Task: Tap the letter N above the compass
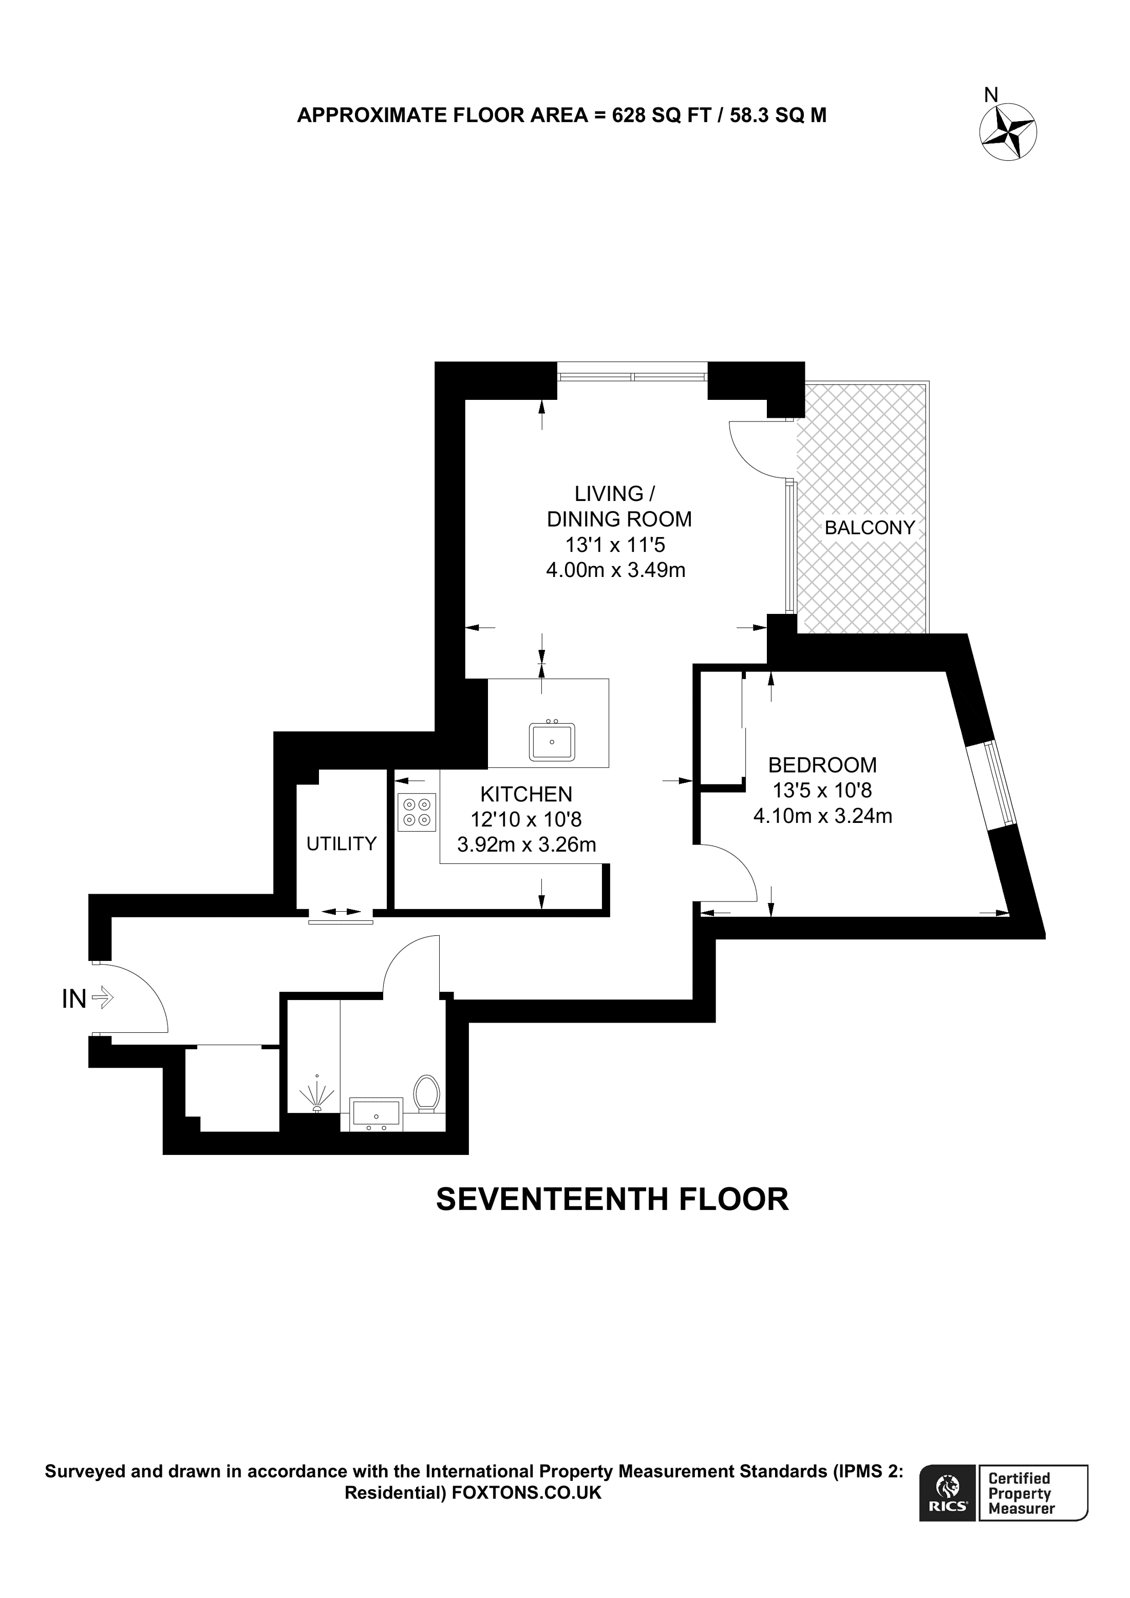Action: tap(991, 95)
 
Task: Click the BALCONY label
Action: tap(869, 528)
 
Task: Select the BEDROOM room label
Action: tap(822, 765)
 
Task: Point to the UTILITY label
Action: tap(341, 843)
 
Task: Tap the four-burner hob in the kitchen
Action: tap(417, 812)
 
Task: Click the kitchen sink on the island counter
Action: tap(552, 741)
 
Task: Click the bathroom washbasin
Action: tap(376, 1113)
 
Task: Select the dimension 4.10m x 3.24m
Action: tap(822, 816)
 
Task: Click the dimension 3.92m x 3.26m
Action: tap(526, 845)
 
